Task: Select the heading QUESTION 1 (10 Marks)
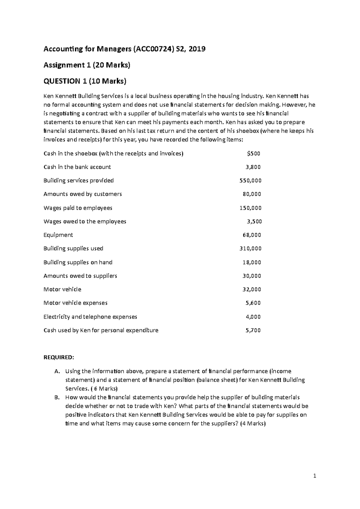[85, 81]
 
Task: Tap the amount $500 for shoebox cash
[253, 153]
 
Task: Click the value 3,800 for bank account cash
[253, 167]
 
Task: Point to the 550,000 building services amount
[250, 180]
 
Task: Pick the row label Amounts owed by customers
[82, 194]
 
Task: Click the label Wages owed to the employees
[85, 221]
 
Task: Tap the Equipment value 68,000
[252, 235]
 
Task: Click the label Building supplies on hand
[78, 262]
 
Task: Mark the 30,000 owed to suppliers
[252, 276]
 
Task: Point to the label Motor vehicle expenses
[75, 303]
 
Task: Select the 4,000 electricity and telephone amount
[253, 317]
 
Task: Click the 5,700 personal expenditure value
[253, 330]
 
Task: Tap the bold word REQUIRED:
[58, 357]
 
